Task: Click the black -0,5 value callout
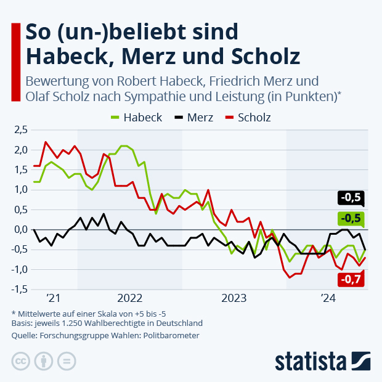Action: pyautogui.click(x=351, y=198)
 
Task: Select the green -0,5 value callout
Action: pyautogui.click(x=351, y=219)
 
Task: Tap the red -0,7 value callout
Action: pyautogui.click(x=351, y=280)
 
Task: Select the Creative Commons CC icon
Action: pyautogui.click(x=21, y=360)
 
